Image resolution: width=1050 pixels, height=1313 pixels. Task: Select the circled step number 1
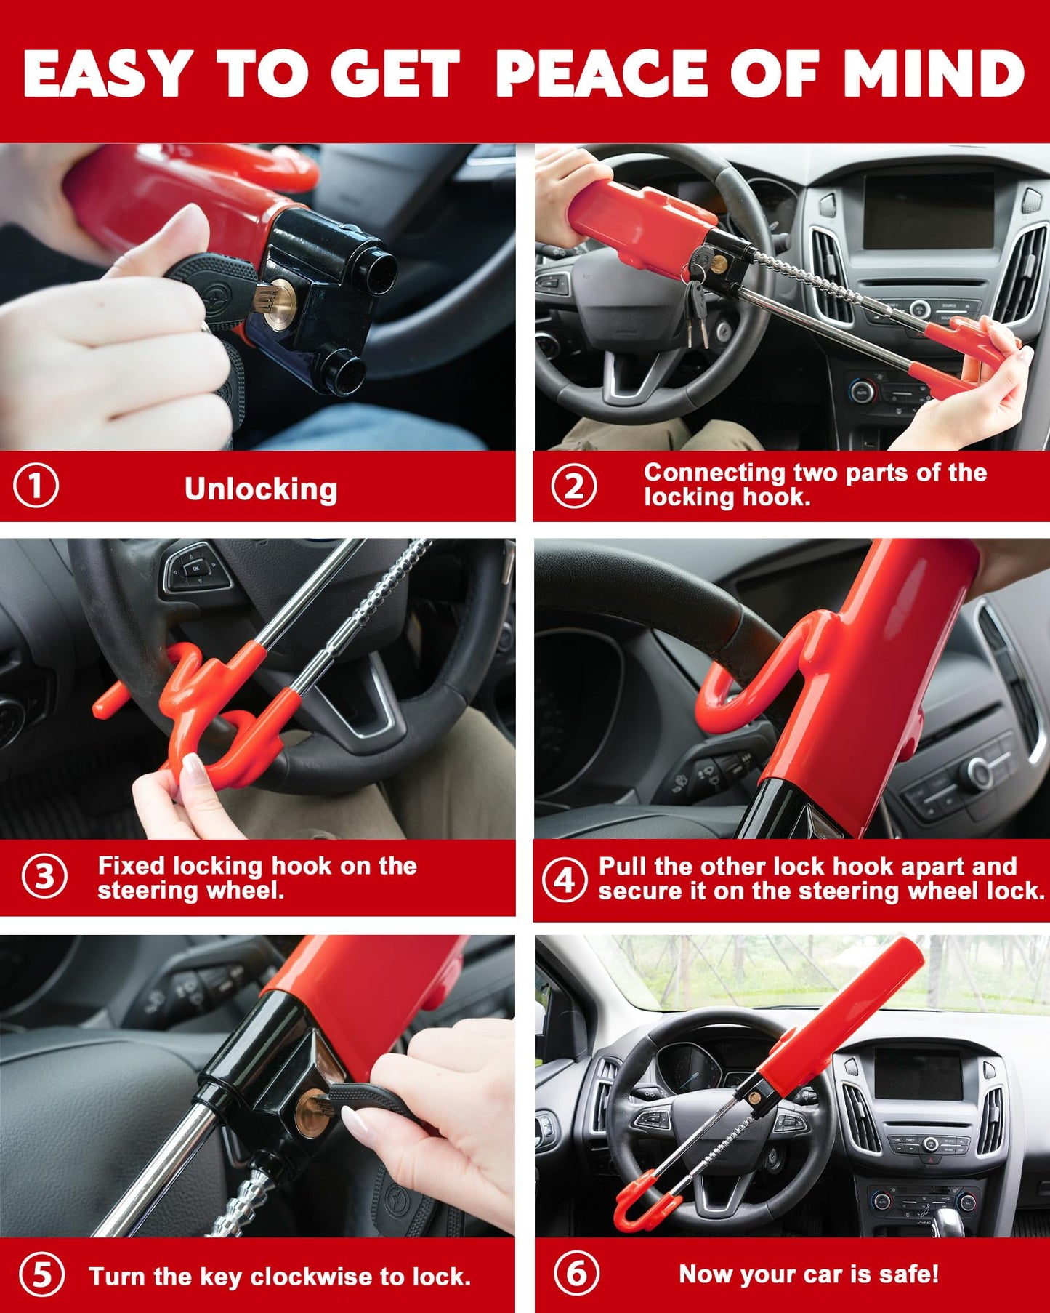click(x=36, y=486)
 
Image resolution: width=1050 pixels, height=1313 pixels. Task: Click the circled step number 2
click(x=573, y=486)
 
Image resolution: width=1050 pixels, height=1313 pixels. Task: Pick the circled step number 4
click(x=565, y=880)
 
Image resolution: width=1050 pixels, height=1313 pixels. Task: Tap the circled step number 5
click(x=41, y=1275)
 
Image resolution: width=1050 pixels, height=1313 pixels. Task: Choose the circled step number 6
click(x=576, y=1273)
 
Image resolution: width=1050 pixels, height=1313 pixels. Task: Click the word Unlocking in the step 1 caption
click(x=261, y=489)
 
